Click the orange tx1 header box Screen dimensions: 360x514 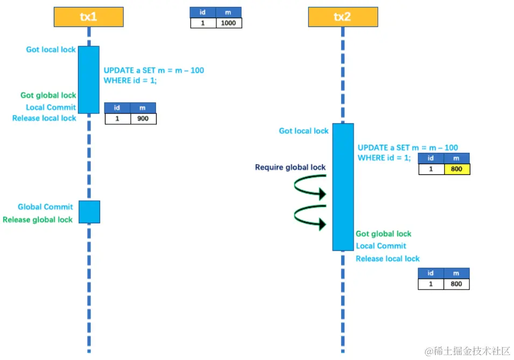(89, 17)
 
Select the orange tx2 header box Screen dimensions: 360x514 (343, 17)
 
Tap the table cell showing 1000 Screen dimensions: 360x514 (229, 23)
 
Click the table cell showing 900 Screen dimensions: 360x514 (143, 118)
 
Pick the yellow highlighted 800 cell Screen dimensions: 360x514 (456, 169)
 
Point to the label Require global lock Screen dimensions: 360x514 (291, 167)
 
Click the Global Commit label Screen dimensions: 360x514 (45, 207)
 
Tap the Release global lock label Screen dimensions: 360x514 (38, 220)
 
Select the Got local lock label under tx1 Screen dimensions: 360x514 (51, 50)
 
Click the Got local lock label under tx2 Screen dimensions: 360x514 (304, 131)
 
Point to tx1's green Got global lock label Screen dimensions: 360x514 (48, 95)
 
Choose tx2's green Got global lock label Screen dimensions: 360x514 (383, 234)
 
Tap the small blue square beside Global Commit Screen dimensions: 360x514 (89, 211)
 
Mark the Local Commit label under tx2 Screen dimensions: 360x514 (381, 246)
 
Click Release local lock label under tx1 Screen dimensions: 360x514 (44, 118)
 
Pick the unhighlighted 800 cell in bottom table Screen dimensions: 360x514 (456, 284)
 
